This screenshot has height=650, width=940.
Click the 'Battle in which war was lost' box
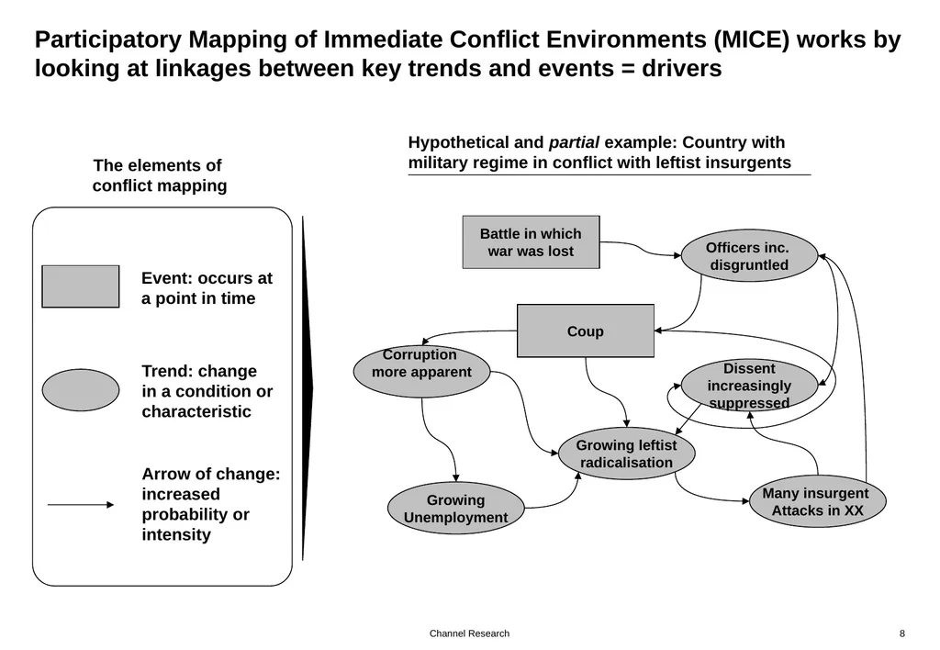[x=531, y=242]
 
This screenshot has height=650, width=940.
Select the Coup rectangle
[x=585, y=331]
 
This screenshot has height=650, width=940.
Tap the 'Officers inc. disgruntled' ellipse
[x=749, y=256]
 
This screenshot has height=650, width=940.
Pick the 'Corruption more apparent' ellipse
[x=421, y=371]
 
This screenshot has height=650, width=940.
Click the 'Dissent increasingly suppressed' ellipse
[x=749, y=386]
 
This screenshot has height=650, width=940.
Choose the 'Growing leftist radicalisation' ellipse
[x=626, y=454]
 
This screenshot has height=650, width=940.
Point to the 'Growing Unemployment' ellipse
[x=455, y=509]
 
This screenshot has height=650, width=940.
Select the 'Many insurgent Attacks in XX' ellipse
[x=817, y=501]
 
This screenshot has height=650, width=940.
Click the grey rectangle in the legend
[x=81, y=286]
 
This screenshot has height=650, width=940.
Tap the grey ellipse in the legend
[x=81, y=390]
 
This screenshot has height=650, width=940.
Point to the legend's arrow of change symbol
[x=81, y=505]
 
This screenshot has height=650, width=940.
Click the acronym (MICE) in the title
[x=752, y=39]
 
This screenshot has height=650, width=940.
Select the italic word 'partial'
[x=574, y=142]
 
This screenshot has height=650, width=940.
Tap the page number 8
[x=902, y=633]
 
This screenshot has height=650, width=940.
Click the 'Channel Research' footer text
[x=469, y=633]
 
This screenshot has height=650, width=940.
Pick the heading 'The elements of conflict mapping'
[x=159, y=175]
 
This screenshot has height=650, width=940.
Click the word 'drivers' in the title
[x=682, y=68]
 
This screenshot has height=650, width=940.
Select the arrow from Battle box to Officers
[x=640, y=248]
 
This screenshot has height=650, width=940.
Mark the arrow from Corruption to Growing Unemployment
[x=441, y=440]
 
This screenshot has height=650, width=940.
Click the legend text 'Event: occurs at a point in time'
[x=207, y=288]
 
